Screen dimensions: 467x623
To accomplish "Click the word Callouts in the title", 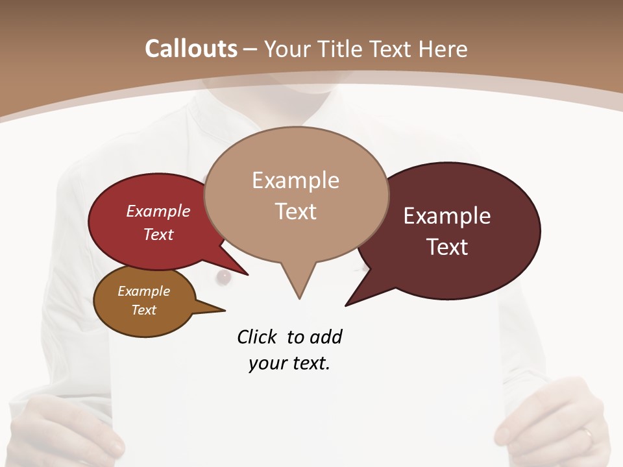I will [x=191, y=49].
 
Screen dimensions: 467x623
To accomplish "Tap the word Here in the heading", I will [x=444, y=49].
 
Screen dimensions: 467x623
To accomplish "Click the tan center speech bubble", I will [x=296, y=195].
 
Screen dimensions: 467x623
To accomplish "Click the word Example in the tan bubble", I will [x=296, y=180].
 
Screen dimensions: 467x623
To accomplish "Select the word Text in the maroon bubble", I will [x=447, y=247].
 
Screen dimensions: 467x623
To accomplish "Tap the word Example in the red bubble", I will [x=158, y=211].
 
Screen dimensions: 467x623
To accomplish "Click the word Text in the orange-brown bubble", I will [x=144, y=310].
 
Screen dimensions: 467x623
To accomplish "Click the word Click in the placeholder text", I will [x=257, y=337].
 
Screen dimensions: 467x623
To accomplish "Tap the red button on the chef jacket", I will [x=224, y=278].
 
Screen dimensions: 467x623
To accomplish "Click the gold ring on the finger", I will [x=587, y=433].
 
